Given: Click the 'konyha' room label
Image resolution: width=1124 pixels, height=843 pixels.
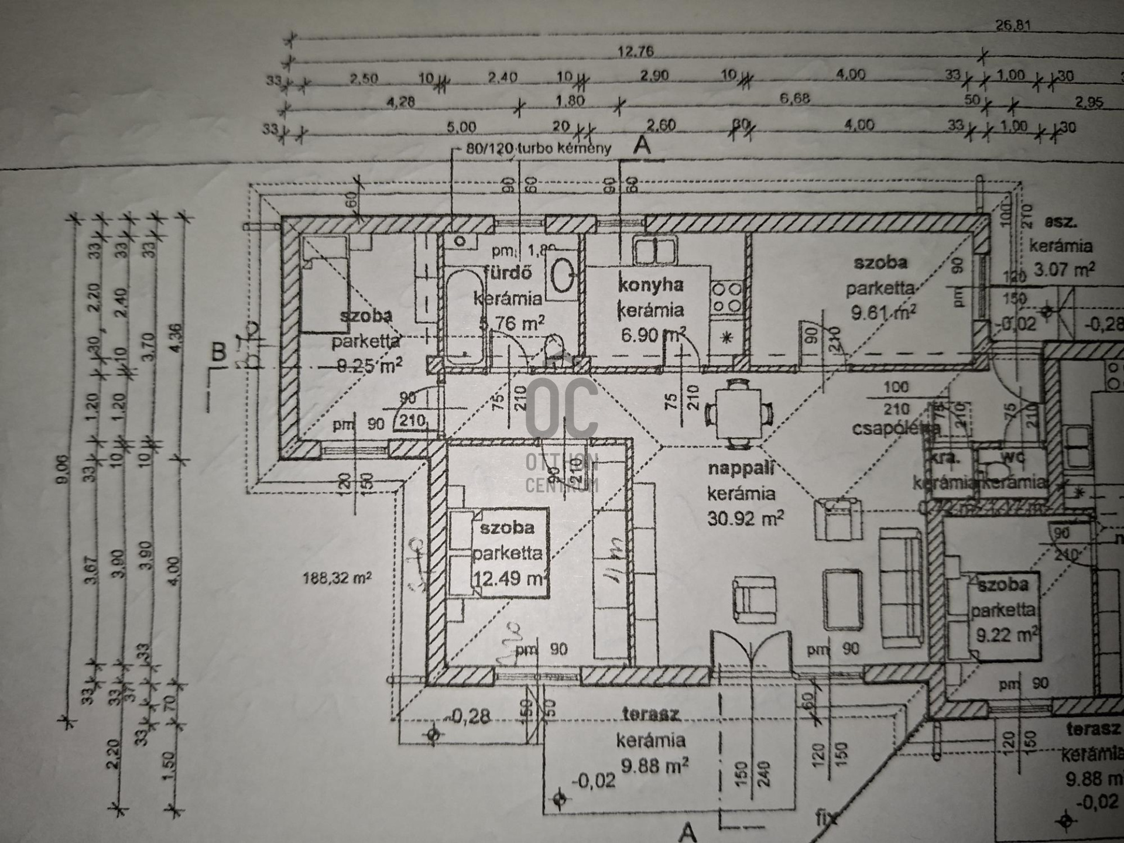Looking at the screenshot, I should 650,285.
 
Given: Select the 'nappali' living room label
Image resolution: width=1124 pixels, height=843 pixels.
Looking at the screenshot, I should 741,468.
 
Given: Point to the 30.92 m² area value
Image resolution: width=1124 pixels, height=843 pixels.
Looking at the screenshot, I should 745,518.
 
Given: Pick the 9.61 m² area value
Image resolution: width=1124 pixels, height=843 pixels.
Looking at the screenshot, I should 883,312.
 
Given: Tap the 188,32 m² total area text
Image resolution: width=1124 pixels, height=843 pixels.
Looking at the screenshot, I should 337,578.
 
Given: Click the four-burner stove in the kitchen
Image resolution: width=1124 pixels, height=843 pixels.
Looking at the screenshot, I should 727,297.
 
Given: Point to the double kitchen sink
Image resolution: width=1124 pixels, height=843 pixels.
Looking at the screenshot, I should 655,251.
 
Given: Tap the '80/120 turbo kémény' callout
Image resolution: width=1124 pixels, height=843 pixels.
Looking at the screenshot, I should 538,149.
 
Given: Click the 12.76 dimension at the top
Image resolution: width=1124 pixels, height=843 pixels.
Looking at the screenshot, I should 635,52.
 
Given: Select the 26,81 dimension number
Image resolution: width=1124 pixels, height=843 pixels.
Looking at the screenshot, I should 1012,25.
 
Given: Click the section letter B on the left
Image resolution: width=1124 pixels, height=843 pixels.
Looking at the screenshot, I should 218,352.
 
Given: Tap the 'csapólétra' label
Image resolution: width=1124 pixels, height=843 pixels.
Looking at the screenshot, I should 895,429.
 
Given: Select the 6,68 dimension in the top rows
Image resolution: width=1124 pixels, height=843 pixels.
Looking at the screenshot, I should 794,98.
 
